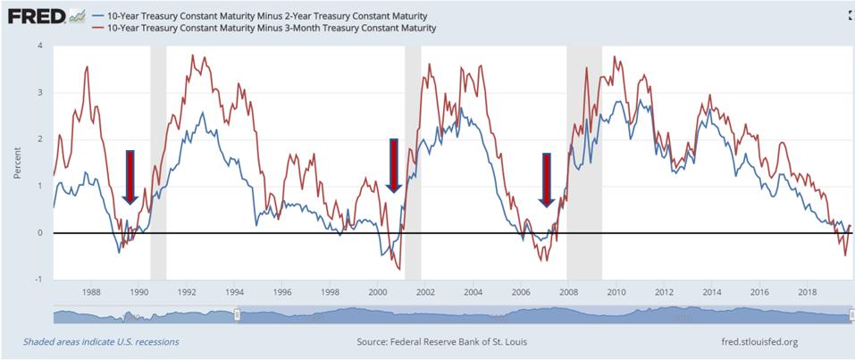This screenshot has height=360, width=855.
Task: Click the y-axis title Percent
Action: point(17,163)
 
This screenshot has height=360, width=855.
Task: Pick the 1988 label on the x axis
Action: point(91,292)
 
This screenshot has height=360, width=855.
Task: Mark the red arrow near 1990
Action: point(130,177)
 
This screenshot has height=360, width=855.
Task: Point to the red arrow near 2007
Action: point(546,180)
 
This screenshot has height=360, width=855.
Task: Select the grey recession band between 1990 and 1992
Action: point(158,161)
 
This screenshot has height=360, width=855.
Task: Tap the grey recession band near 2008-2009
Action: point(584,161)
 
